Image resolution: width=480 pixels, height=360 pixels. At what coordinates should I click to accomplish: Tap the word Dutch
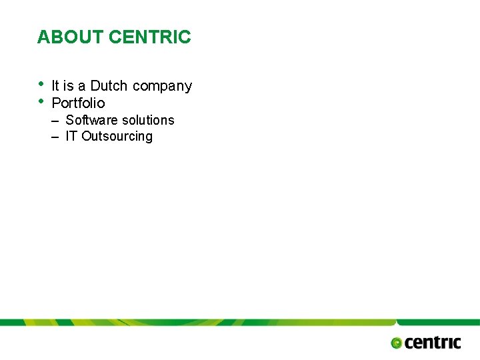click(109, 86)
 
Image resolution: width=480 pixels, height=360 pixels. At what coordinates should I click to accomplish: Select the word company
click(163, 87)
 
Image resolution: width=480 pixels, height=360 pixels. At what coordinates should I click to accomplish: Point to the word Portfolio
click(78, 103)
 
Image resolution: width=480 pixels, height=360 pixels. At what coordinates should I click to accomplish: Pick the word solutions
click(149, 120)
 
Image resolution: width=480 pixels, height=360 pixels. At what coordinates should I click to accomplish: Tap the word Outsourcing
click(117, 137)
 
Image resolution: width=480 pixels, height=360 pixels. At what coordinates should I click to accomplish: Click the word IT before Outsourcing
click(71, 136)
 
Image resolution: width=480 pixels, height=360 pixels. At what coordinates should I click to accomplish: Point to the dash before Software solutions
click(55, 121)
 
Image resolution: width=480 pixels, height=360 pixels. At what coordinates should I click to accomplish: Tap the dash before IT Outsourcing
click(55, 137)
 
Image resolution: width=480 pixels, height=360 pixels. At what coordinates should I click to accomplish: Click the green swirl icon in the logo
click(397, 343)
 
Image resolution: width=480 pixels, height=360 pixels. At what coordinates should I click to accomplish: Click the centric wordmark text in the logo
click(433, 342)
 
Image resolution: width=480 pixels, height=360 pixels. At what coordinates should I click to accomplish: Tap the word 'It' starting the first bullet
click(55, 86)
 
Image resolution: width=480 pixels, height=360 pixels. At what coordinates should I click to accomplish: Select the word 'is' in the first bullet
click(69, 86)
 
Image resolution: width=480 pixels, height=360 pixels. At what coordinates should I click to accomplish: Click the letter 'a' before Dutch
click(82, 87)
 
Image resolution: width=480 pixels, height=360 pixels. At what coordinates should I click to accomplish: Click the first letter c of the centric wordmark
click(409, 343)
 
